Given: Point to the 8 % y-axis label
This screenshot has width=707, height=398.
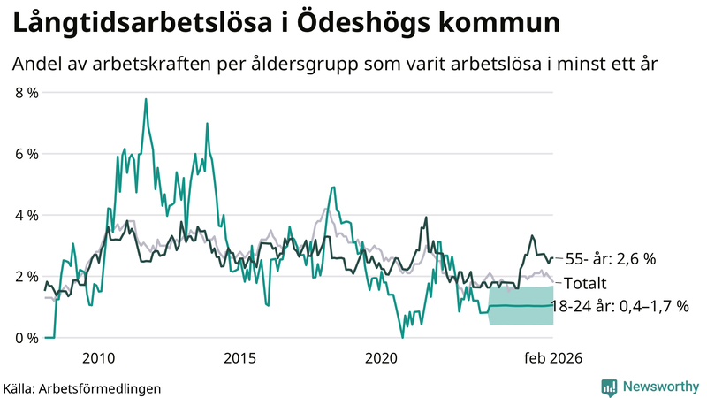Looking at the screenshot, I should (x=27, y=92).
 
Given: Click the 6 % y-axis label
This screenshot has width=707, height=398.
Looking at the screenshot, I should (x=27, y=154).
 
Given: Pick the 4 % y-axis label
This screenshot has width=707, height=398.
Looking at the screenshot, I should (x=27, y=215).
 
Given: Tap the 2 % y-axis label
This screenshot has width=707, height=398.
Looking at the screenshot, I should (x=27, y=277).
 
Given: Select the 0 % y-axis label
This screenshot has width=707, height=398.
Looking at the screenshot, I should (x=27, y=338).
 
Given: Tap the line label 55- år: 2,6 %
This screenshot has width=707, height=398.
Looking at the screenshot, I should (x=610, y=259).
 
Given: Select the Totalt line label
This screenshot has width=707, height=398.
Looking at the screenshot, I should (x=585, y=284).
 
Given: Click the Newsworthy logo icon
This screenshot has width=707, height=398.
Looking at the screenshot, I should (x=609, y=387).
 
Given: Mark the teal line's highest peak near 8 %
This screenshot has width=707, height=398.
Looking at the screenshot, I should (x=145, y=99).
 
